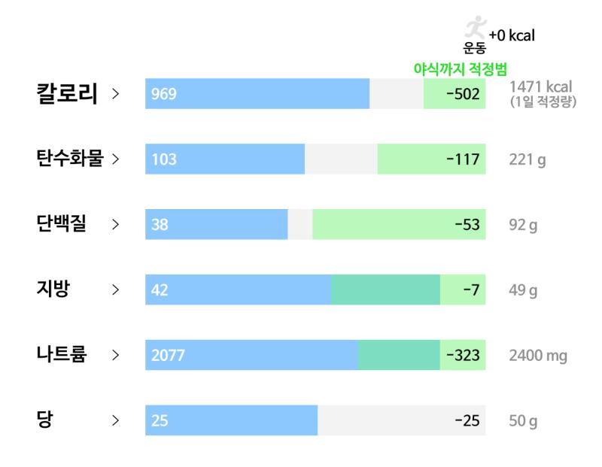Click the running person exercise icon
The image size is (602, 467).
(x=476, y=27)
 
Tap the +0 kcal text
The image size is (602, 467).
(x=512, y=35)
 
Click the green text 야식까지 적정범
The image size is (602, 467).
(x=461, y=69)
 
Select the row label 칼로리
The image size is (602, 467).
(x=67, y=93)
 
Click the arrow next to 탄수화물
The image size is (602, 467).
(x=116, y=159)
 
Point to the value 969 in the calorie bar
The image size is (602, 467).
(x=164, y=94)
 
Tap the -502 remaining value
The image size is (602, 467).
(x=463, y=94)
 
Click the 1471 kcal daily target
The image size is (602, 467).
(x=540, y=86)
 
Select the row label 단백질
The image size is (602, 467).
(x=62, y=223)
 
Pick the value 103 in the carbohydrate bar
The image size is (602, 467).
(x=164, y=159)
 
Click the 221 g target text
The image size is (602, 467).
(x=528, y=159)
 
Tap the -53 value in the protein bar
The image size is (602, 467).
(x=467, y=225)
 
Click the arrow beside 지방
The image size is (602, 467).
(x=116, y=290)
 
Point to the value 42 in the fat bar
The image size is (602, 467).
(x=160, y=290)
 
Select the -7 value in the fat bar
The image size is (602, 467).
(x=472, y=290)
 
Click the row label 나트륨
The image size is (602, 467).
(x=62, y=353)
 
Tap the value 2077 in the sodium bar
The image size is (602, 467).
(x=168, y=356)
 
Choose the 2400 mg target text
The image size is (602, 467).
(x=538, y=356)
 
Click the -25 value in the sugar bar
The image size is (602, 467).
(x=467, y=420)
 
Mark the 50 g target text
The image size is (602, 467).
(x=523, y=421)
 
